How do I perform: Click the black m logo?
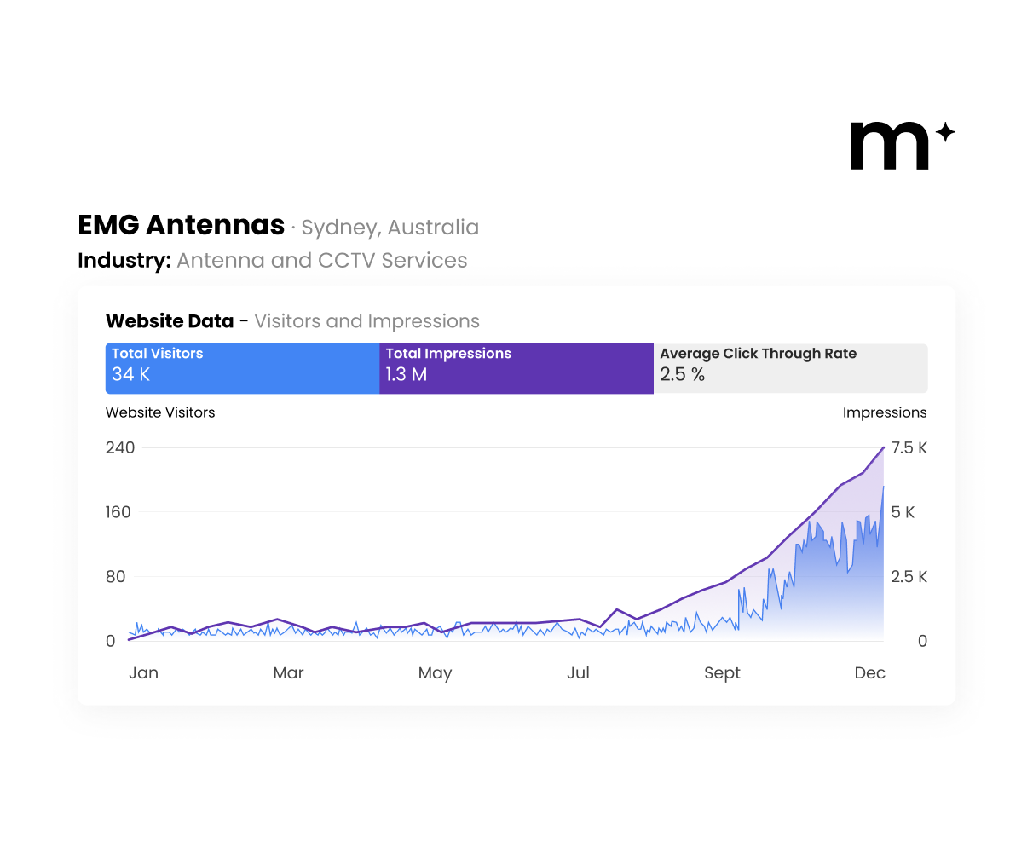890,146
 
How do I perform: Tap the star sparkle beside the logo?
944,132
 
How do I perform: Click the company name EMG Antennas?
181,225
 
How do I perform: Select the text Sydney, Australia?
390,228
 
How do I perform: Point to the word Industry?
124,261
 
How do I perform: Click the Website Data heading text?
170,321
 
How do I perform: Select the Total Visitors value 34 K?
130,374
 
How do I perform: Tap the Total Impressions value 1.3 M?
406,374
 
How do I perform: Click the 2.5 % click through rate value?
682,374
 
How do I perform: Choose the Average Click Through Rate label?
758,354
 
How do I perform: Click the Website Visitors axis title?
160,412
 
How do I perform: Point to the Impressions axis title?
884,412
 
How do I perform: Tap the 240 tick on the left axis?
120,447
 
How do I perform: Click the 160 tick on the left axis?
118,512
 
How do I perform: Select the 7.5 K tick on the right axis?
909,448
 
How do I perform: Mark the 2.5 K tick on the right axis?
909,577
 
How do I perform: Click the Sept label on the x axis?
722,673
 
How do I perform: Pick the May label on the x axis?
435,673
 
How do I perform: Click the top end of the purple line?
883,447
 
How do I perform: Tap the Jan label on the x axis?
143,673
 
